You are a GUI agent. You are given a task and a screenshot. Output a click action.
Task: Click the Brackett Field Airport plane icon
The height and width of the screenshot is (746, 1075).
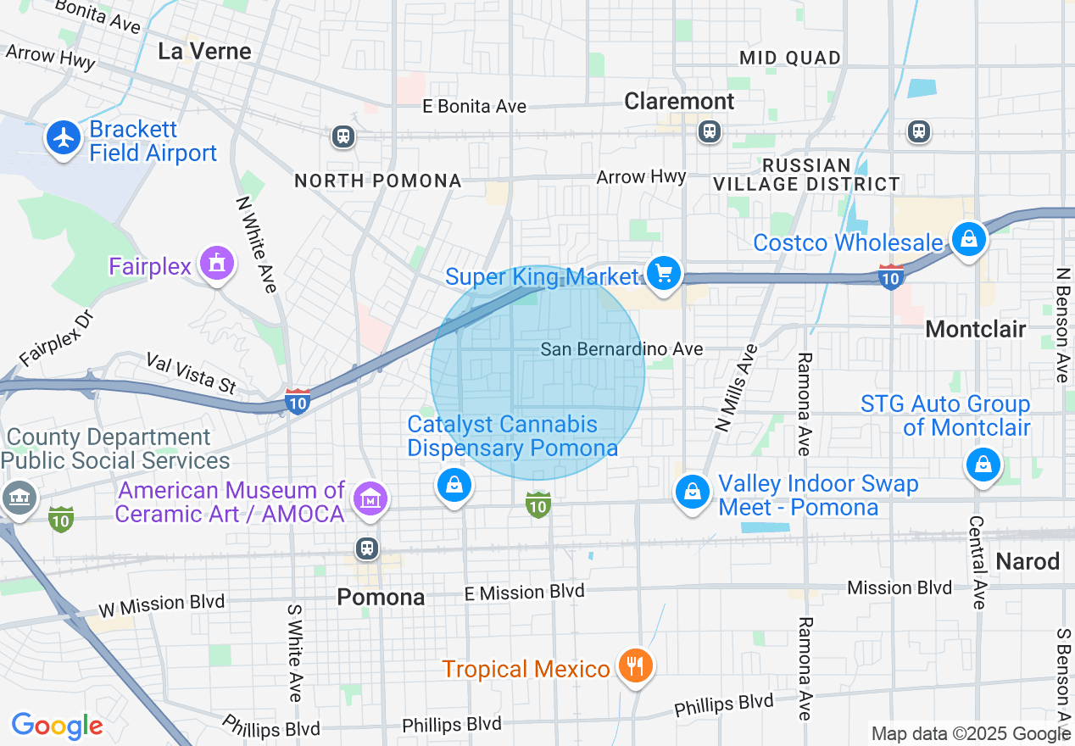click(x=64, y=137)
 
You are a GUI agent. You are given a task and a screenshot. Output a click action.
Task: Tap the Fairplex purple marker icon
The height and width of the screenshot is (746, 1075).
click(x=217, y=264)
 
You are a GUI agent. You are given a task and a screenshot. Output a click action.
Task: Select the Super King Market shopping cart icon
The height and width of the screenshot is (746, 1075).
click(x=664, y=274)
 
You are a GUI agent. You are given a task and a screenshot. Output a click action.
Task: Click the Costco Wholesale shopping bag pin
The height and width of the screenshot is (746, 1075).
click(x=968, y=240)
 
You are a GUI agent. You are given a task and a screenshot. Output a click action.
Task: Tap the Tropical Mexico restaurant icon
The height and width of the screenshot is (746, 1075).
click(x=633, y=666)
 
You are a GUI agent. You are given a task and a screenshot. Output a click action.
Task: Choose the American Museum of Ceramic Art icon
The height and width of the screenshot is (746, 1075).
click(x=370, y=499)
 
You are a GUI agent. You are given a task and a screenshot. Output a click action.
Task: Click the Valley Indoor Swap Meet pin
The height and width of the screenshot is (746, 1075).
click(x=693, y=492)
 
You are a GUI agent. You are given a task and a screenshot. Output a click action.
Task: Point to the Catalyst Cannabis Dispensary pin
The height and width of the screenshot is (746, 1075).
click(x=454, y=485)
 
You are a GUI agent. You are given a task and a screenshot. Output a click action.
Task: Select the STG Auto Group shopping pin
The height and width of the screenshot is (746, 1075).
click(x=983, y=465)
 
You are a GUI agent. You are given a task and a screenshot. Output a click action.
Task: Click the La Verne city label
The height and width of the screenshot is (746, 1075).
click(x=204, y=51)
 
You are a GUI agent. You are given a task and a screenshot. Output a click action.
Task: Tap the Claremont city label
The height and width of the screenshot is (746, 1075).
click(x=679, y=102)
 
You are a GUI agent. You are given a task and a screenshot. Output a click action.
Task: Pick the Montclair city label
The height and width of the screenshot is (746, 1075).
click(x=976, y=329)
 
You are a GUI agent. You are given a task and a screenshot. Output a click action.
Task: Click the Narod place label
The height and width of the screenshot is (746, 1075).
click(x=1028, y=561)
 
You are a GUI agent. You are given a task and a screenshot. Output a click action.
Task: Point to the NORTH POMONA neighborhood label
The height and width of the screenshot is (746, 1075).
click(x=378, y=181)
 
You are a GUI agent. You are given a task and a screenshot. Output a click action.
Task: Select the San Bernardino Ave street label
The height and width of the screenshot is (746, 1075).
click(x=621, y=349)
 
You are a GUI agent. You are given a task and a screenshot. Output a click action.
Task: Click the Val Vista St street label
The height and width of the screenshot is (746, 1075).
click(x=191, y=373)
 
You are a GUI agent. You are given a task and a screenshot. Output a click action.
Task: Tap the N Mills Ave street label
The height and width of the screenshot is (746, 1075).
click(x=735, y=389)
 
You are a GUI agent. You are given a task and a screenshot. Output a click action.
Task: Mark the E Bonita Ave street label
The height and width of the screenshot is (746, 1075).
click(x=475, y=107)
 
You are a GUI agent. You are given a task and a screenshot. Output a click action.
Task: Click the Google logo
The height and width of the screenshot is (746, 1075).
click(x=57, y=726)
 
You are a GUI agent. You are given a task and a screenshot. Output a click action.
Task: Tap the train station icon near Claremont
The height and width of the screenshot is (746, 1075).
click(x=709, y=131)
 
